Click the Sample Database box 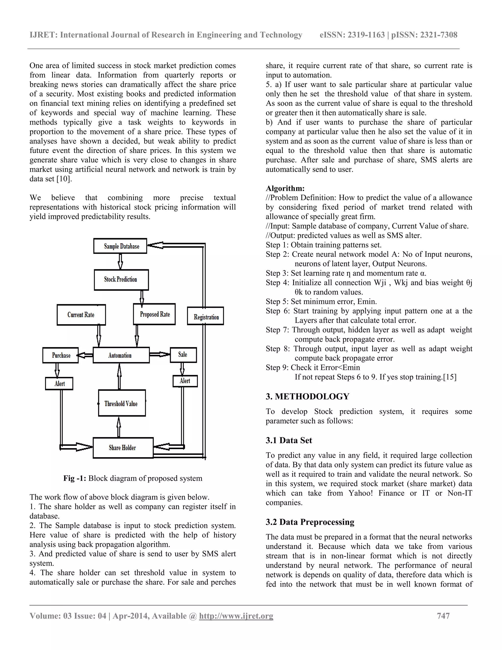pos(120,246)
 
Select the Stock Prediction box pos(121,279)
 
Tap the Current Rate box pos(81,315)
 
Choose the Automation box pos(121,355)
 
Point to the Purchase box pos(61,355)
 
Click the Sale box pos(183,354)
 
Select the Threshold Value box pos(122,403)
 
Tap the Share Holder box pos(123,447)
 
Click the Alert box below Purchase pos(59,383)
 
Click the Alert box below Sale pos(185,381)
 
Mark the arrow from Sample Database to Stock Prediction pos(120,261)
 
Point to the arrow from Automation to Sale pos(160,354)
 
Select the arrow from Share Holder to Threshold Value pos(119,427)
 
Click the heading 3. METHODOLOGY pos(308,396)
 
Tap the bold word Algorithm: pos(285,188)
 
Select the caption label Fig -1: pos(75,478)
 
